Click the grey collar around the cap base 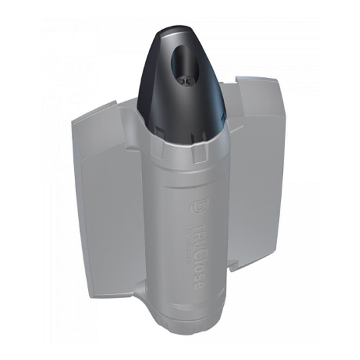[187, 151]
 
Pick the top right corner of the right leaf [277, 80]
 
